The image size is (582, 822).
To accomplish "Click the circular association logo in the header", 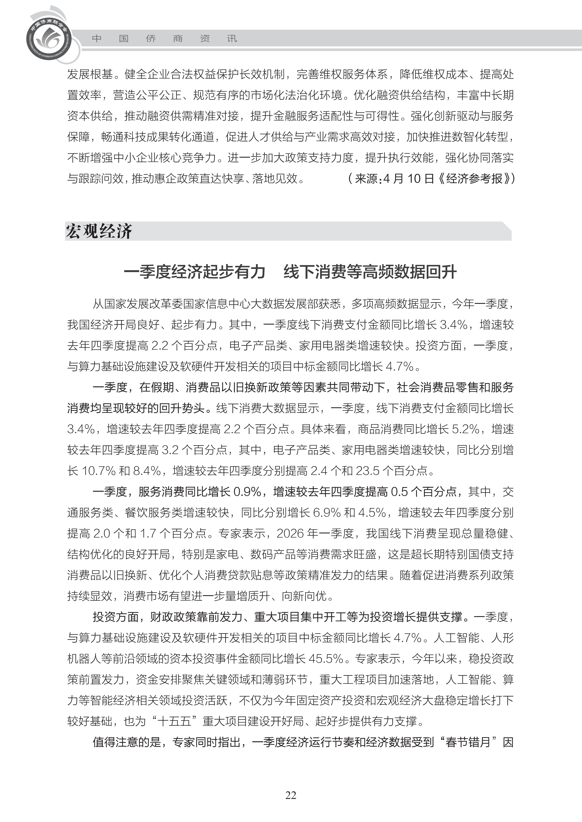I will pyautogui.click(x=49, y=38).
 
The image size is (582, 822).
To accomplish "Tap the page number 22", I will pyautogui.click(x=291, y=795).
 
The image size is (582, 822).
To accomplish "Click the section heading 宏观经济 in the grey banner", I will pyautogui.click(x=99, y=231).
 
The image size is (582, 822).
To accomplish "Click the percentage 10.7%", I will pyautogui.click(x=99, y=471).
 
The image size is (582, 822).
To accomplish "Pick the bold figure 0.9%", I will pyautogui.click(x=247, y=491).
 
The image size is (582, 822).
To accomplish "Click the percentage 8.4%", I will pyautogui.click(x=147, y=471).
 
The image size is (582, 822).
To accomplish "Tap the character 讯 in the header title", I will pyautogui.click(x=232, y=38).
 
